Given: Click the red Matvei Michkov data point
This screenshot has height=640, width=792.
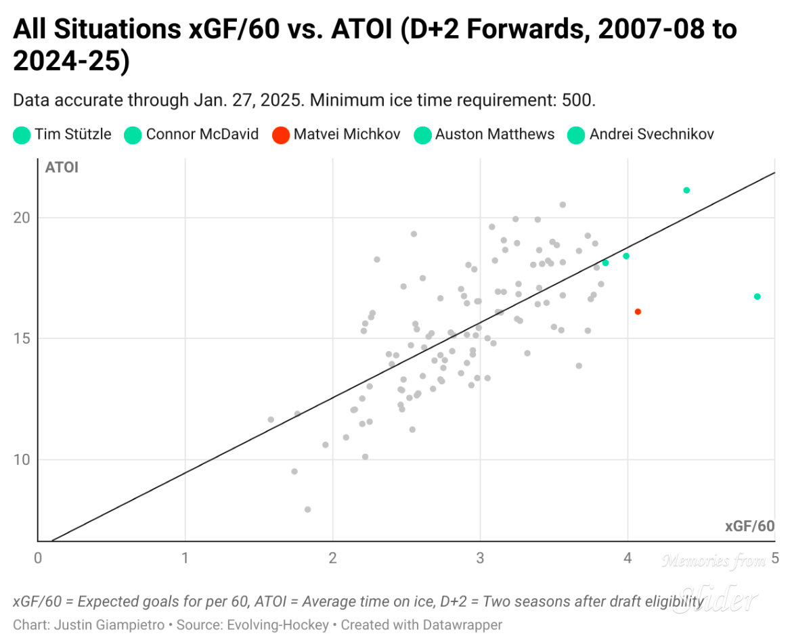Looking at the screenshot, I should (638, 312).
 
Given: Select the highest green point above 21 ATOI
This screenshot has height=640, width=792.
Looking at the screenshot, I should (686, 190).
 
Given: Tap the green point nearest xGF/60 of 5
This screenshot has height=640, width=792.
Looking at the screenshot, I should (757, 296).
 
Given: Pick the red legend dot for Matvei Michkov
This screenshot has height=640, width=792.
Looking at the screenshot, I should (280, 135).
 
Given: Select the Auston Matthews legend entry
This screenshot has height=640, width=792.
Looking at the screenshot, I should (494, 134).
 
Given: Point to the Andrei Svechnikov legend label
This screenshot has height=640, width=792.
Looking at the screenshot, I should (651, 134).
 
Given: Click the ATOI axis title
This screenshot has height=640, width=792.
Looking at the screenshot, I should (62, 168).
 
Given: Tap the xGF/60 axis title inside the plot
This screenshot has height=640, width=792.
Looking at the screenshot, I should (749, 526).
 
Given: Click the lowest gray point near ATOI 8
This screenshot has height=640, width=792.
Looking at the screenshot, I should (307, 509).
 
